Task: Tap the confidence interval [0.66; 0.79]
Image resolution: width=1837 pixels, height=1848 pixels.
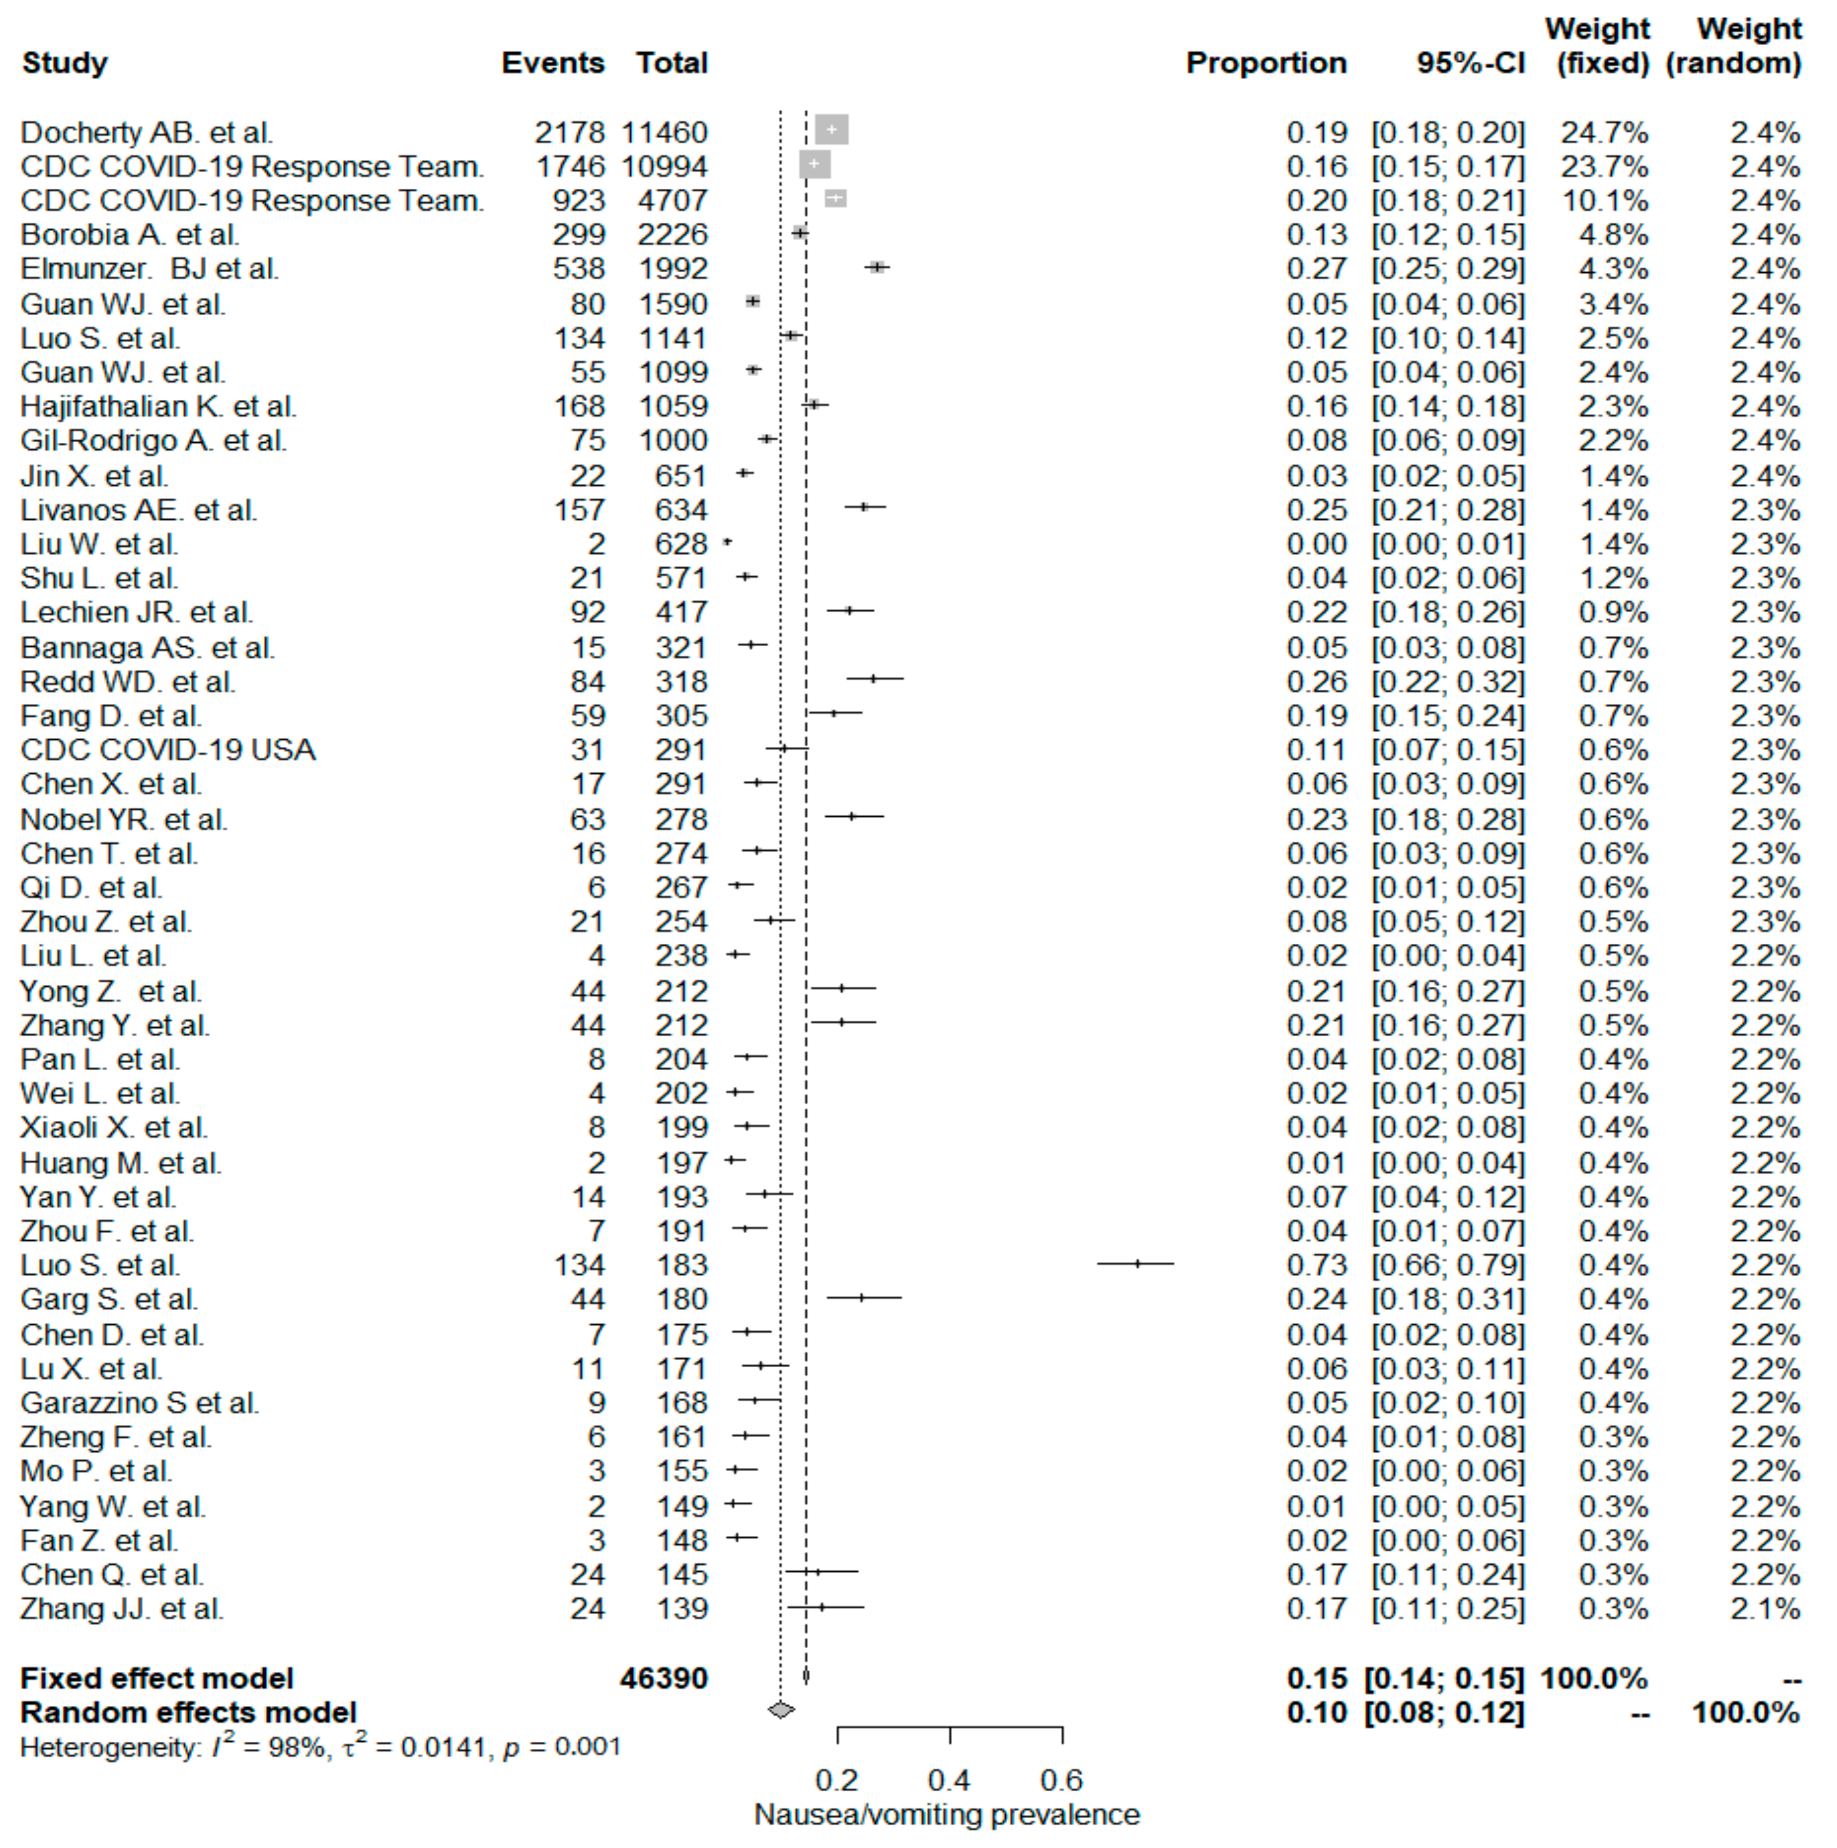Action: click(1448, 1265)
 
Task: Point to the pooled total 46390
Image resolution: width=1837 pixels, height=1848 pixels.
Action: click(664, 1678)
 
